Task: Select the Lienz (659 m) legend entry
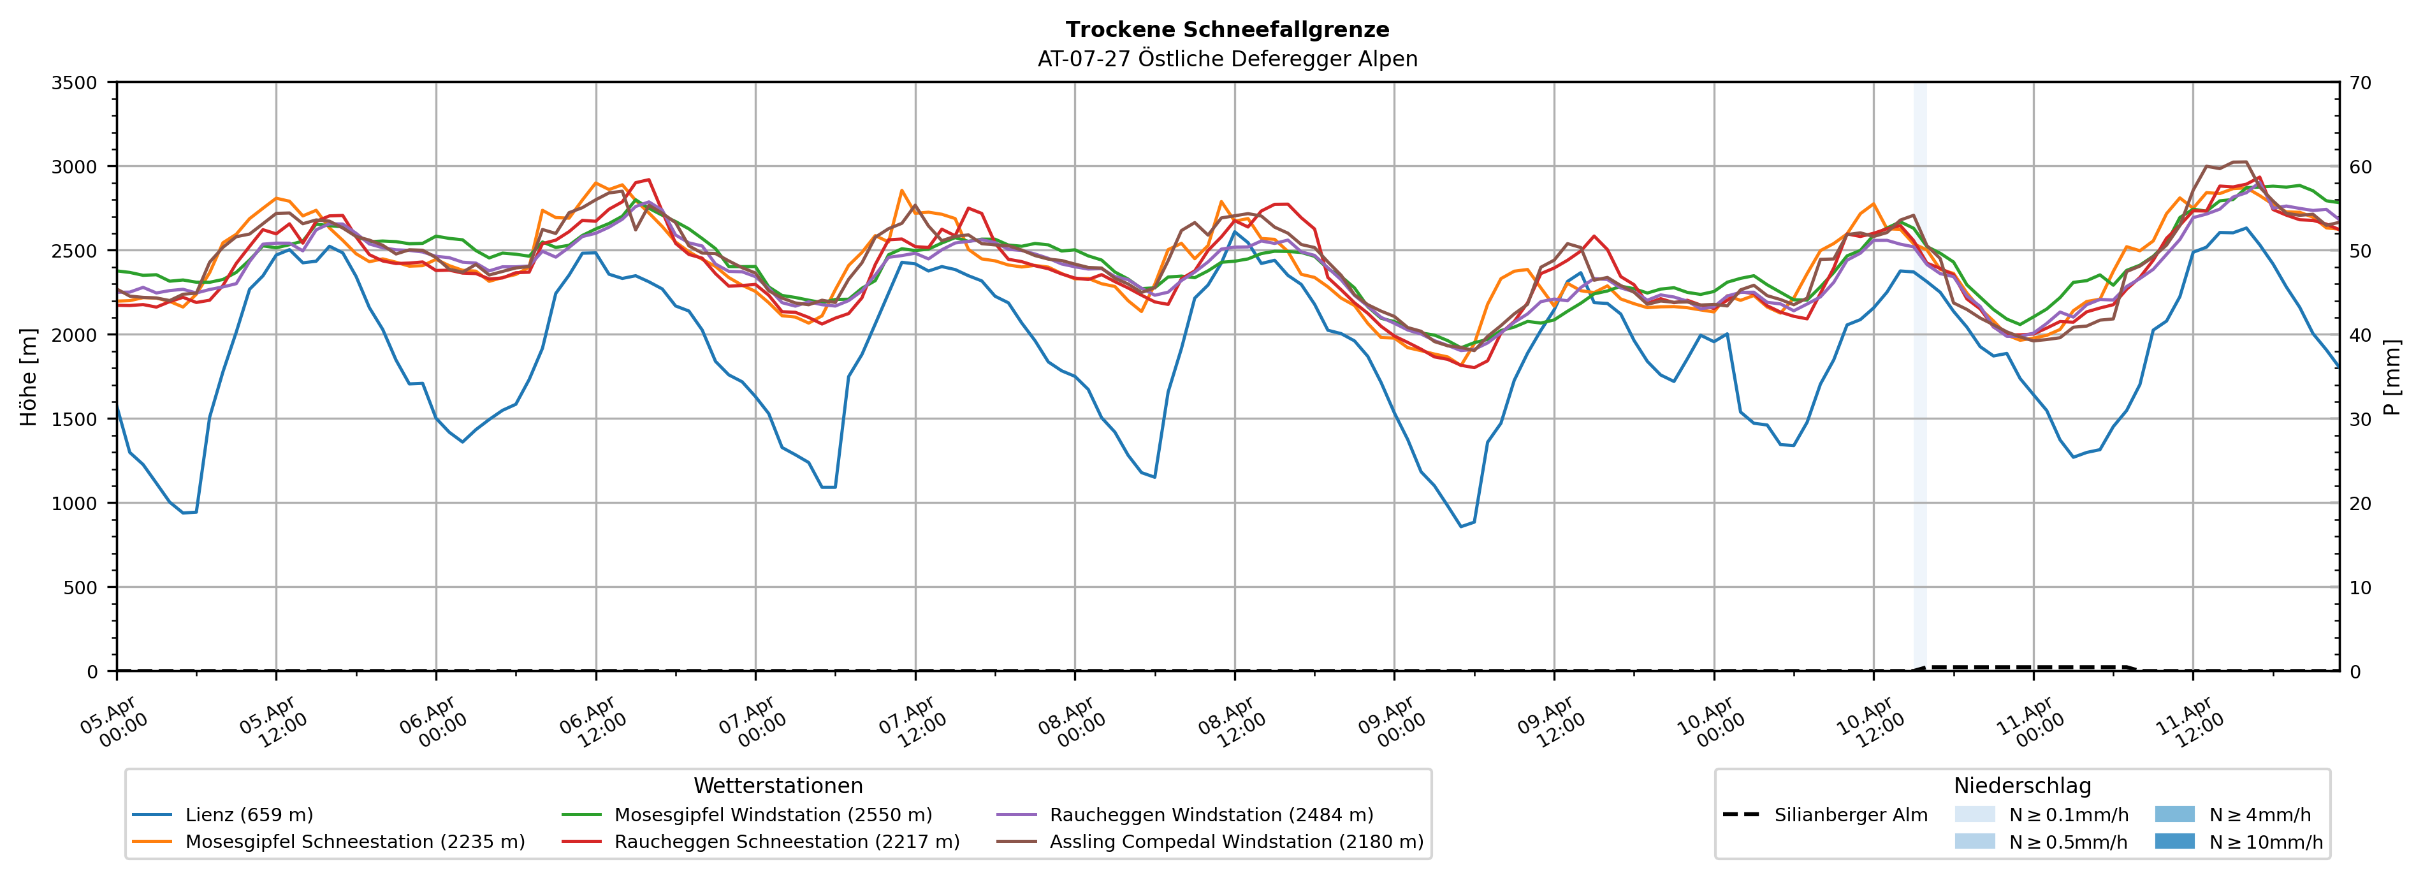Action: point(249,815)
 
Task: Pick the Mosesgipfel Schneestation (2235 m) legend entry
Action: point(354,842)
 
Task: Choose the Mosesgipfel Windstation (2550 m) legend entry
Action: point(772,815)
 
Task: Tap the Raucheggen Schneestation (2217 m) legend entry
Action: point(787,842)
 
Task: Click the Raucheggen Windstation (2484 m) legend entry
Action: point(1211,815)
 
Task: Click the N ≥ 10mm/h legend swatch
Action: point(2174,841)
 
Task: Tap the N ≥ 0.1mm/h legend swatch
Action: point(1974,814)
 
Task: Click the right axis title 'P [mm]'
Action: point(2393,376)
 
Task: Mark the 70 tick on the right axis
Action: point(2361,83)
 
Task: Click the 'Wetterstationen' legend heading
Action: point(778,786)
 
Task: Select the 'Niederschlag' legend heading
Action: point(2022,786)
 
